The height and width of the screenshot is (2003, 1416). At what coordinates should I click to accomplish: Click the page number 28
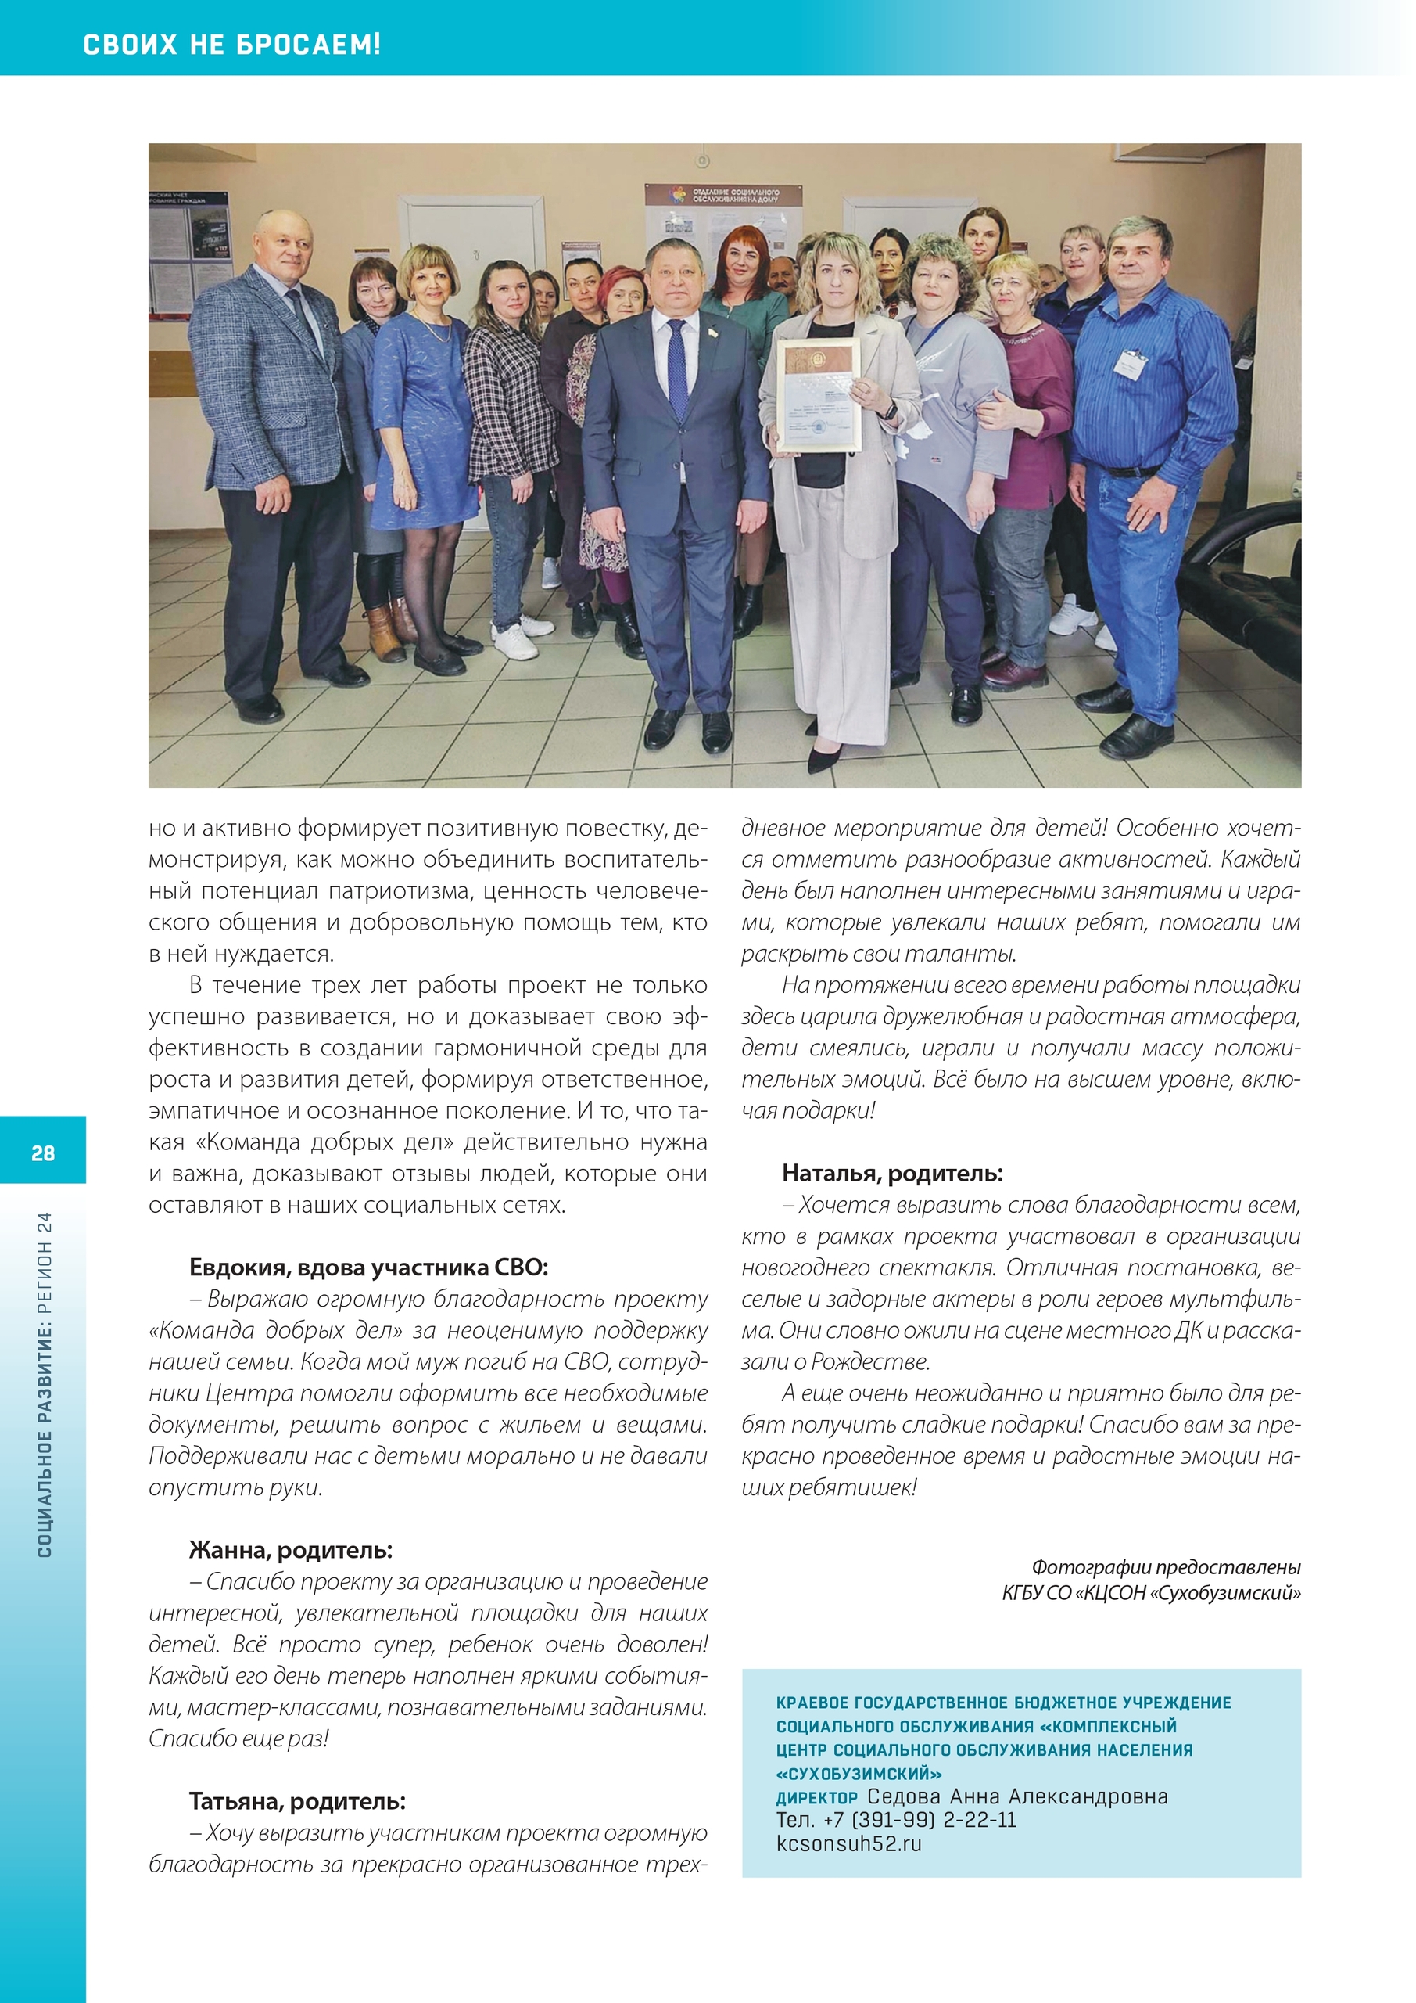(43, 1153)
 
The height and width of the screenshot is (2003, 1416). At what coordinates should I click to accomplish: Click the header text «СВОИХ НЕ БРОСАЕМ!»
(231, 44)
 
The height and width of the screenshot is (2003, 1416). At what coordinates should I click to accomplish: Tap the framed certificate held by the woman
(818, 395)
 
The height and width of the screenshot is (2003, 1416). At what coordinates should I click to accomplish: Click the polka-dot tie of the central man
(676, 370)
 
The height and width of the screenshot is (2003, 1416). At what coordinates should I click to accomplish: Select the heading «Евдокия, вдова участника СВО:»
(368, 1267)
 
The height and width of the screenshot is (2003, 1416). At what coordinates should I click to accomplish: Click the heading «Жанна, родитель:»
(290, 1549)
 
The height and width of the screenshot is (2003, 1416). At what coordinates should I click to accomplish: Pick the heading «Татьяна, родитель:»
(297, 1800)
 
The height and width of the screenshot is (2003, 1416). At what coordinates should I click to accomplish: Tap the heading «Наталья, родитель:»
(892, 1173)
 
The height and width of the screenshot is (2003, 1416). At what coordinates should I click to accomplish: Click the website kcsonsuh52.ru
(848, 1843)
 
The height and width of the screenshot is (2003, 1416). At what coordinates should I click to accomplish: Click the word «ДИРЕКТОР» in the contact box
(816, 1797)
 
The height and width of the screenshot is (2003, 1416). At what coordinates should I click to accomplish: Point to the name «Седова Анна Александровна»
(1016, 1796)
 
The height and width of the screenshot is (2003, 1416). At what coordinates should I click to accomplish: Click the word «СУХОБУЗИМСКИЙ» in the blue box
(859, 1774)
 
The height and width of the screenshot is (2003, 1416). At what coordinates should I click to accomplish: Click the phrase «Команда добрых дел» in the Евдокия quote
(253, 1329)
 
